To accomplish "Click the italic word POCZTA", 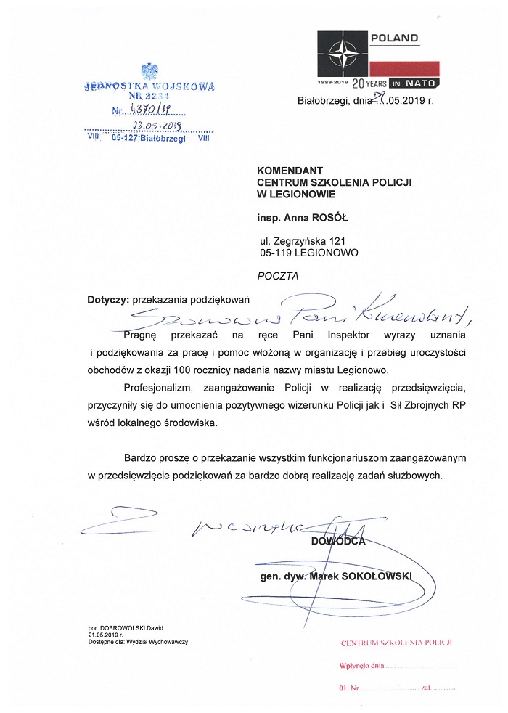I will click(x=278, y=276).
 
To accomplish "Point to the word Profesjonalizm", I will click(x=160, y=387).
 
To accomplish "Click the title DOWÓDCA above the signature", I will click(x=339, y=541).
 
